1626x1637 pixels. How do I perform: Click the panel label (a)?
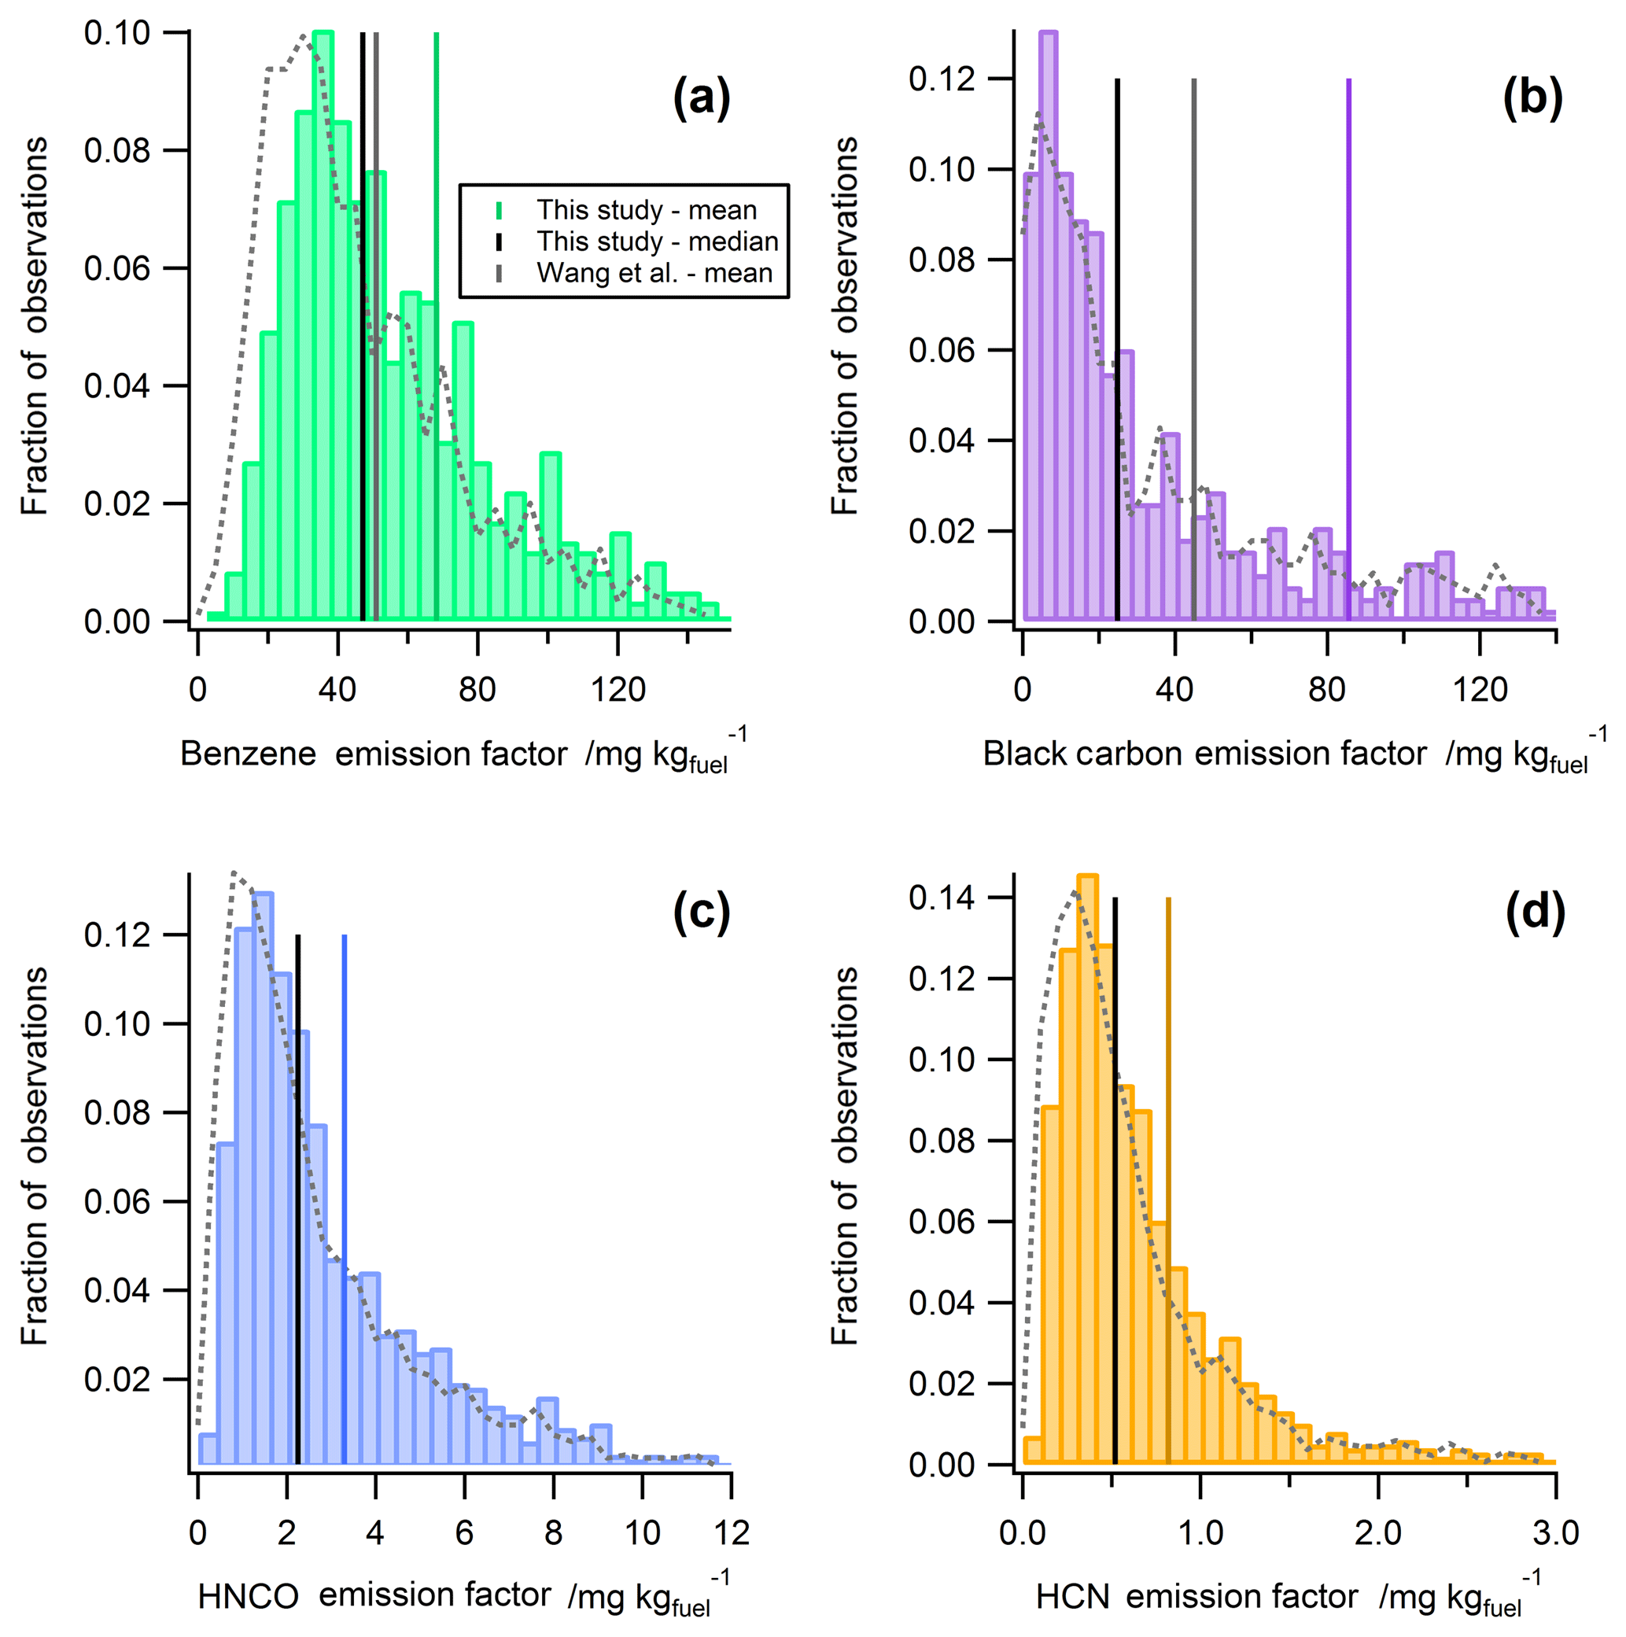pyautogui.click(x=701, y=98)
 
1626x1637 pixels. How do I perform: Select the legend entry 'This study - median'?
pyautogui.click(x=657, y=241)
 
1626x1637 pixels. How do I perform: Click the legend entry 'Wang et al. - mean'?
pyautogui.click(x=654, y=273)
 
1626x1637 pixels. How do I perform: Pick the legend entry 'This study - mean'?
pyautogui.click(x=646, y=210)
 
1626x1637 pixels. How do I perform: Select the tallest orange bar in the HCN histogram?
pyautogui.click(x=1088, y=1169)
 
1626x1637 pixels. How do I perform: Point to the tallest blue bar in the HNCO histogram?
pyautogui.click(x=263, y=1178)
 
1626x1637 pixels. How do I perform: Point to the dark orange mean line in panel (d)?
pyautogui.click(x=1168, y=1186)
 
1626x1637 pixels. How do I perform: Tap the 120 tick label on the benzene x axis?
pyautogui.click(x=618, y=690)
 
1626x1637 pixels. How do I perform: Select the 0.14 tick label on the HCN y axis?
pyautogui.click(x=942, y=898)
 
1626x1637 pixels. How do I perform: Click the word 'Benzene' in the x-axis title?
pyautogui.click(x=249, y=754)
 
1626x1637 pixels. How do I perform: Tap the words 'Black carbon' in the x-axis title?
pyautogui.click(x=1082, y=754)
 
